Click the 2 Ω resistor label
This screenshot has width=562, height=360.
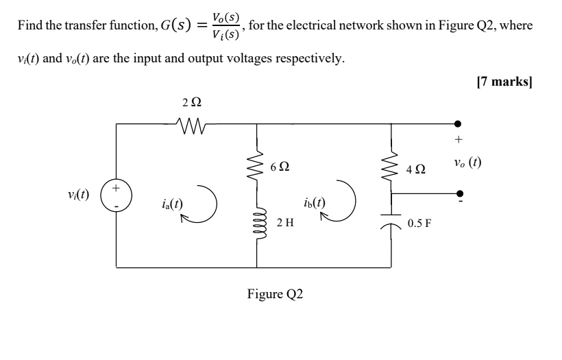click(193, 103)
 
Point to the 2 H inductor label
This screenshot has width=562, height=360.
click(286, 223)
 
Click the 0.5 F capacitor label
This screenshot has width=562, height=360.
click(419, 224)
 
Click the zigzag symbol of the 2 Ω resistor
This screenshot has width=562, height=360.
click(192, 124)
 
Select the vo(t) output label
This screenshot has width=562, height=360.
click(467, 163)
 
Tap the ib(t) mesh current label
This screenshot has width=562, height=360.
click(314, 203)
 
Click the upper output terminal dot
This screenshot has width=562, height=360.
click(458, 124)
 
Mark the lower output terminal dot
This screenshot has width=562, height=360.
click(458, 193)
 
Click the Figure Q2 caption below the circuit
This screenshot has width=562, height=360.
click(275, 294)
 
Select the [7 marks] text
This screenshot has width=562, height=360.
click(504, 82)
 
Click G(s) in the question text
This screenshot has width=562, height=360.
click(175, 27)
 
